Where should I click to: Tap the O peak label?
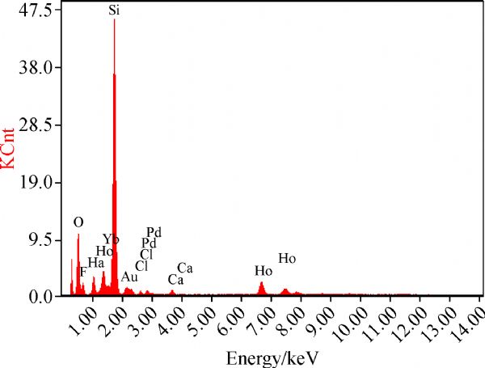coord(78,222)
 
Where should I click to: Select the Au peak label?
coord(129,277)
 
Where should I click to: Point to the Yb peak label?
coord(112,239)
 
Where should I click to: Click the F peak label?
coord(83,272)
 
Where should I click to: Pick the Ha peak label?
coord(95,263)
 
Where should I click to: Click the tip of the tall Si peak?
coord(114,19)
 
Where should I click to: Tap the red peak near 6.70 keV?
coord(261,283)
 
